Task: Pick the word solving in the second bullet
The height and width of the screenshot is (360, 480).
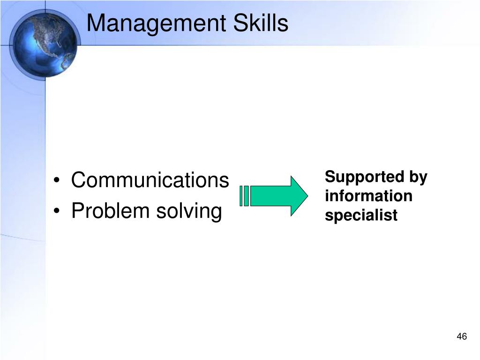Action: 189,212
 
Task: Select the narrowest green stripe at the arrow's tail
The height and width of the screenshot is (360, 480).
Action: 241,196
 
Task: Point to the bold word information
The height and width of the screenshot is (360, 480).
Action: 368,196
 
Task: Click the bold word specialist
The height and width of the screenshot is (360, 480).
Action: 361,215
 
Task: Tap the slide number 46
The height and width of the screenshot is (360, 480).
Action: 462,337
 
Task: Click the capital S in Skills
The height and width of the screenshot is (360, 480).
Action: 240,23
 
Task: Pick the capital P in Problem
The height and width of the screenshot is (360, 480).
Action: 78,210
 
